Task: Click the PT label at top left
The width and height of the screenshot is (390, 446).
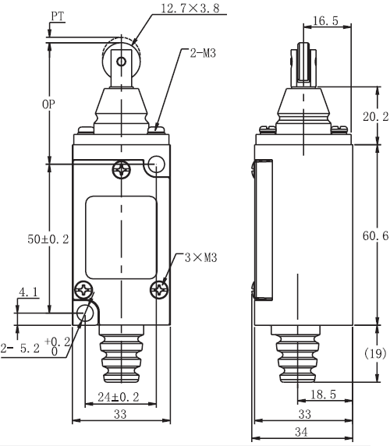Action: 58,16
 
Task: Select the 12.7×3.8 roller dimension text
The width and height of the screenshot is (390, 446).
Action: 190,8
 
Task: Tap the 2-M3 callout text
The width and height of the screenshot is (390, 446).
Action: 203,53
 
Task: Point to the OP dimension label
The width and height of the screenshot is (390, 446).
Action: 48,104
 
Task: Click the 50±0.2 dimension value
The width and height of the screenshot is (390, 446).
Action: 48,239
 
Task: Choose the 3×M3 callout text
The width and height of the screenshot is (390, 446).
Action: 200,258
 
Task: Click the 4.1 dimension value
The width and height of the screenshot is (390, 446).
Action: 28,292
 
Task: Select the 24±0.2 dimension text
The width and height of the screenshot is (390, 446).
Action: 119,397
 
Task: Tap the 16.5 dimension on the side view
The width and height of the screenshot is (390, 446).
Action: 326,21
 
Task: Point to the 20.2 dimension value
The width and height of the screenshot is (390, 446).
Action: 375,116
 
